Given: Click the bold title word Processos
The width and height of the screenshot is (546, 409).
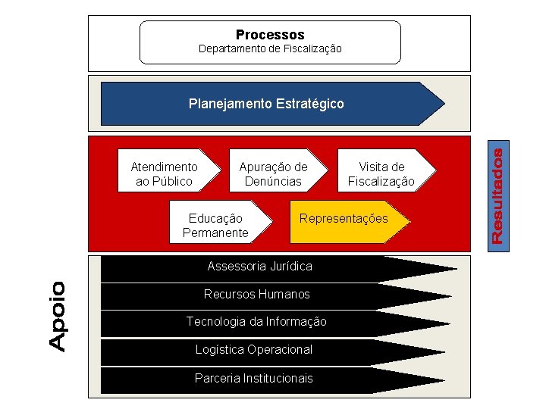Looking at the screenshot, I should pos(270,35).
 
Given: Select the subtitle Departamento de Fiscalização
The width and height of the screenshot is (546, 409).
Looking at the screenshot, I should pos(270,49).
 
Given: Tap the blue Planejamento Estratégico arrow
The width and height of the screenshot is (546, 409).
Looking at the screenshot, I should pos(266,104).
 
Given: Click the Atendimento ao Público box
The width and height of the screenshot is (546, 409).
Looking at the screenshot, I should pos(164,173).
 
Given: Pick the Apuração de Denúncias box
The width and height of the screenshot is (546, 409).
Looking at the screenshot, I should pos(273,173).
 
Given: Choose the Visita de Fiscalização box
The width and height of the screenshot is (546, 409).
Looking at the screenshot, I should pos(381,173).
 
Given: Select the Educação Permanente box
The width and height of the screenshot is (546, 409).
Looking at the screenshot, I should pos(215,226).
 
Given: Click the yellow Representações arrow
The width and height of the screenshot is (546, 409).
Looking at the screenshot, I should pos(344,220).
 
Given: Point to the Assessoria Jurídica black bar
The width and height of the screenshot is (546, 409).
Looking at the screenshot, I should pos(260,267).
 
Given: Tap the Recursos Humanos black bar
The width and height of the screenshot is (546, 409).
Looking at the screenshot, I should pos(257,294).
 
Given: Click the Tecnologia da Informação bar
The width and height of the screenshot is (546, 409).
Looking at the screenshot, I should pos(257,322).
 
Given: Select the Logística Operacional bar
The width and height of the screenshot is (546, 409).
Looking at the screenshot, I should pos(254,350).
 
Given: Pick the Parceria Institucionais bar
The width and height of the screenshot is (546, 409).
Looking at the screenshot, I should pos(254,378).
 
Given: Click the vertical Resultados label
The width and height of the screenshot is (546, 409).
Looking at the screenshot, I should pos(497,195).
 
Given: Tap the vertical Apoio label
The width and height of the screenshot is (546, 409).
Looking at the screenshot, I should pos(58,316).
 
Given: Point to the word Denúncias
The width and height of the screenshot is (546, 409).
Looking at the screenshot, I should pos(273,182).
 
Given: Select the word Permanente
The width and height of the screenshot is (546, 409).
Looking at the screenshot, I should pos(215,233).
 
